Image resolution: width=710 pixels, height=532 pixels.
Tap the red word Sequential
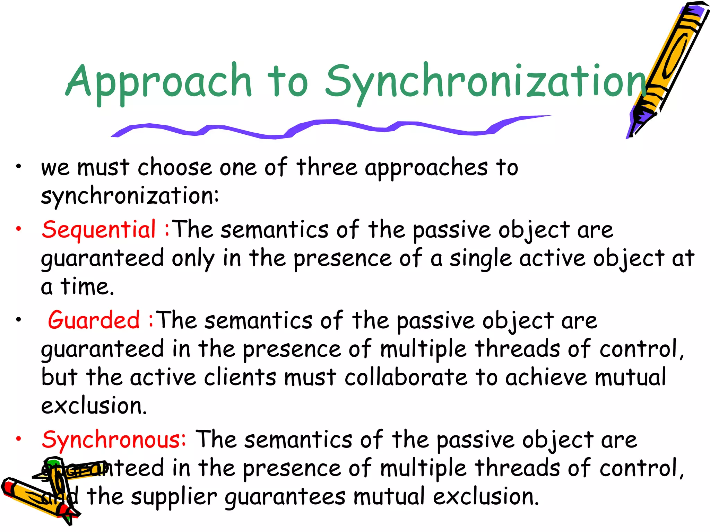[x=99, y=230]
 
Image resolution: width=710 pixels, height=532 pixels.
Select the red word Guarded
[x=94, y=320]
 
